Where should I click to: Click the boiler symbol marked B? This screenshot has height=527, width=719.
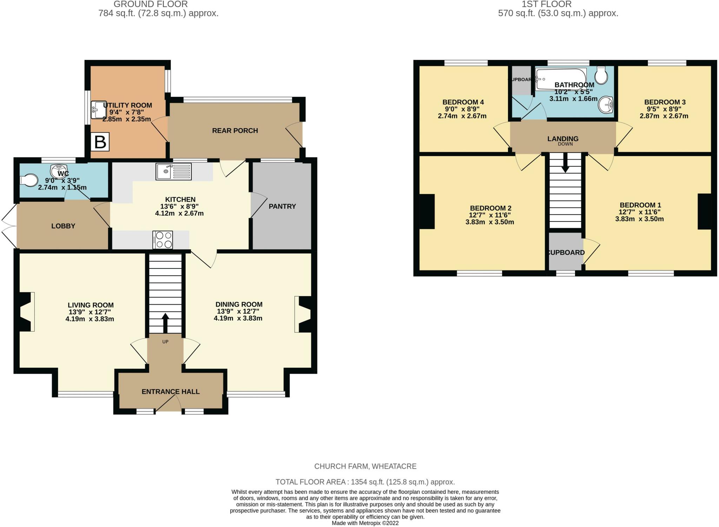[100, 142]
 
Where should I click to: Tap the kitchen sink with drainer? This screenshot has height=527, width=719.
[174, 172]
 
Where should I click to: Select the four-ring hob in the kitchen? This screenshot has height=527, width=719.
[163, 240]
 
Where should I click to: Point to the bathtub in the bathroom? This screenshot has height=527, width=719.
[561, 79]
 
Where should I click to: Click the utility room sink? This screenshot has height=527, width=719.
[99, 110]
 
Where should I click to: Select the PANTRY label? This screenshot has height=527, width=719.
[282, 206]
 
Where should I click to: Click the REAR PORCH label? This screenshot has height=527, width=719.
[235, 131]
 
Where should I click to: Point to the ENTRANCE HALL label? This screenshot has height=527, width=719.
[171, 392]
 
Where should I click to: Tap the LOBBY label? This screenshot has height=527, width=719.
[63, 226]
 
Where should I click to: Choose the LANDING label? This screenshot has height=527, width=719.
[563, 139]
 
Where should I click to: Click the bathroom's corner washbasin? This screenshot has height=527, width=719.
[606, 105]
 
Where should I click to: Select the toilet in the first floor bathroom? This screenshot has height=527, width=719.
[602, 75]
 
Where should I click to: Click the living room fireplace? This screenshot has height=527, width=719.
[25, 312]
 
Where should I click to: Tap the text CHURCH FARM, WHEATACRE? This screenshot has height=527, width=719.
[365, 466]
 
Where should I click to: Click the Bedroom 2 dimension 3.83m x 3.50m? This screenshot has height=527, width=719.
[490, 222]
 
